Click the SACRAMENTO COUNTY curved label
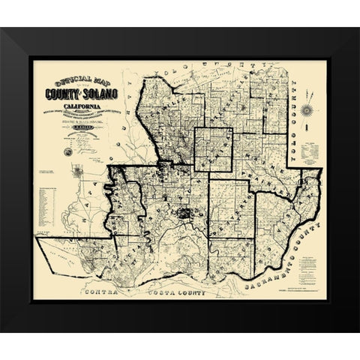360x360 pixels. click(288, 256)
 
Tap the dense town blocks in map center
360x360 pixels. click(182, 213)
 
